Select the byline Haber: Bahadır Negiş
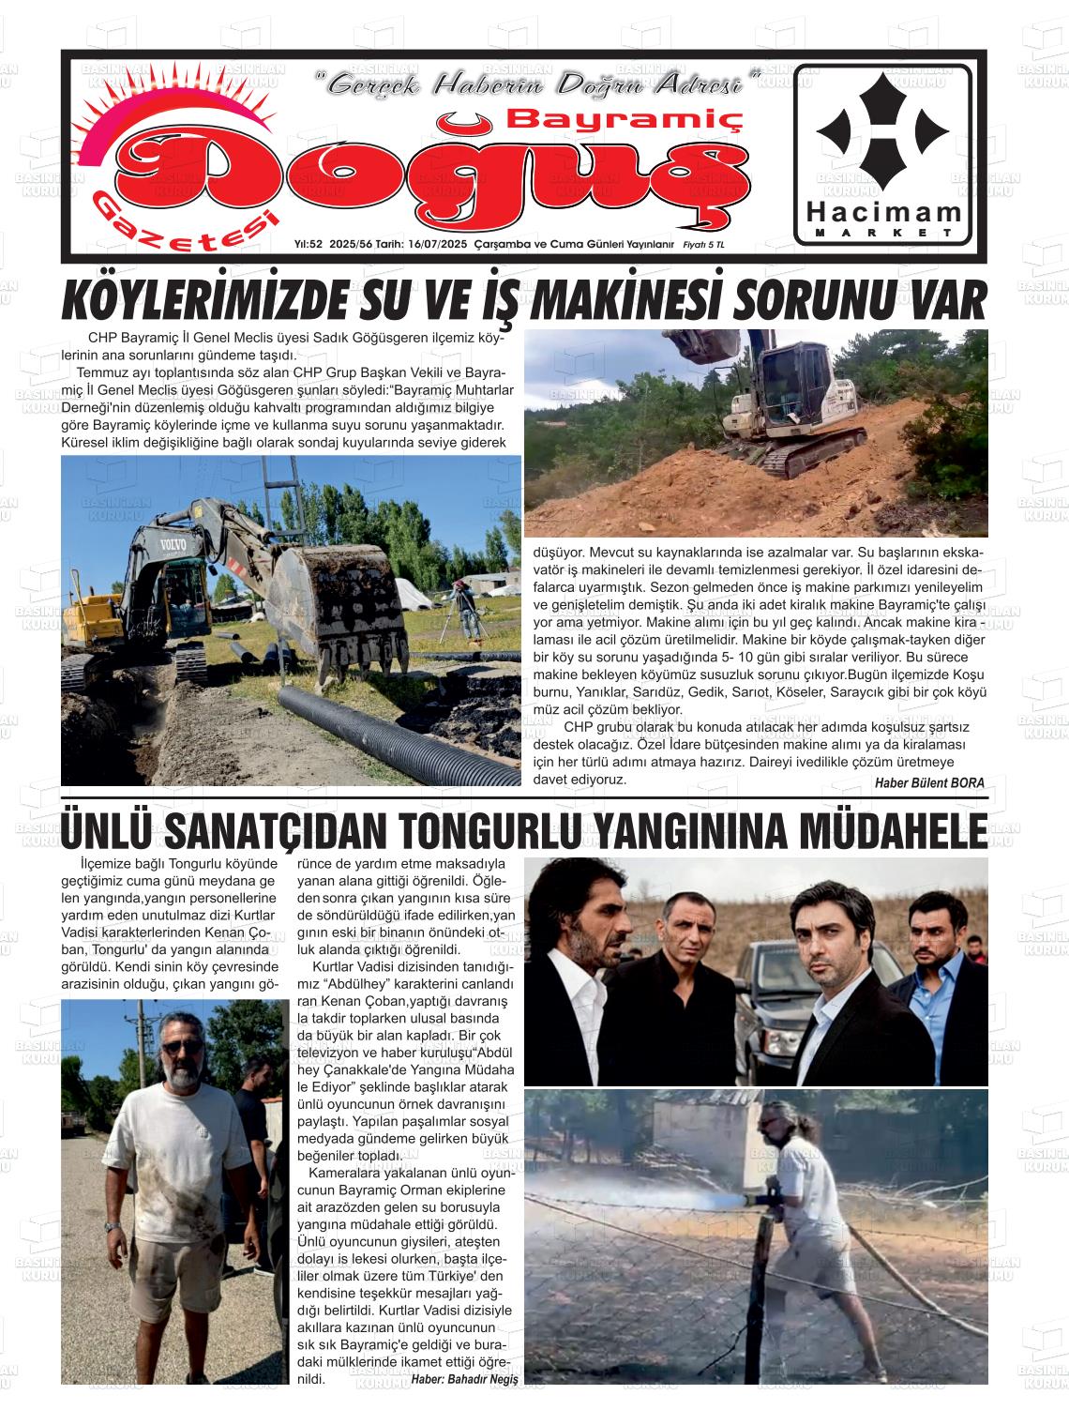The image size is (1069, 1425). coord(463,1378)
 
